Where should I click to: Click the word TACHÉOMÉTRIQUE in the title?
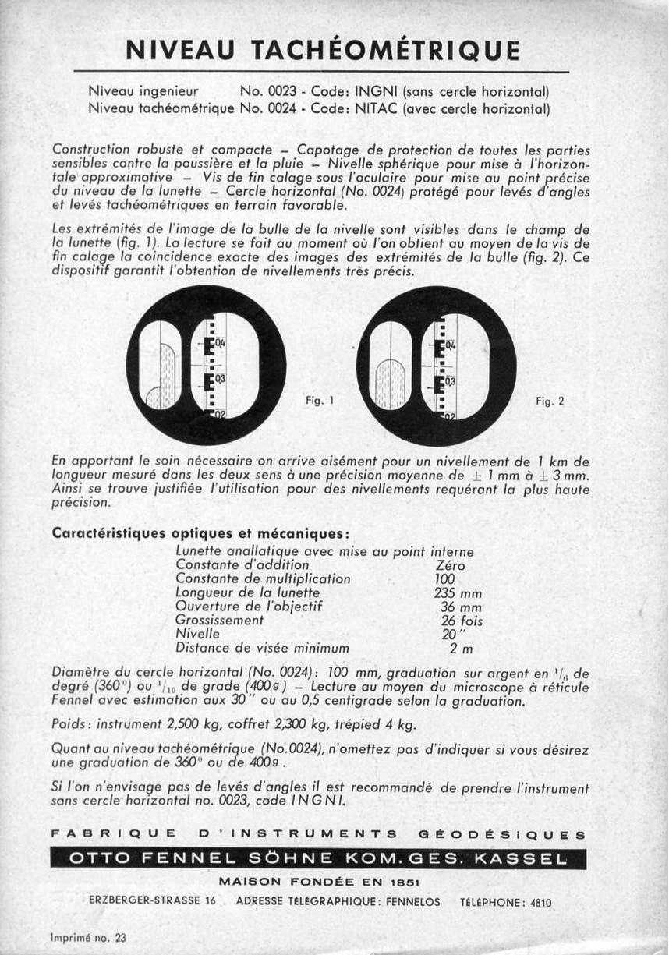point(385,51)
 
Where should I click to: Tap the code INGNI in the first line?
point(377,90)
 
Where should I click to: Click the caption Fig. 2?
point(550,401)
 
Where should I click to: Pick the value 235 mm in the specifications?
point(458,592)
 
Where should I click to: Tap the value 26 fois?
point(462,621)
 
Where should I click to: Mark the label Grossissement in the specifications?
point(220,621)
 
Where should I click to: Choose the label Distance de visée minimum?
point(262,648)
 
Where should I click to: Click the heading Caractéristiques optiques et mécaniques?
point(200,533)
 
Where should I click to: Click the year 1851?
point(405,882)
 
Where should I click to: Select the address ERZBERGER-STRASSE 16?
point(152,902)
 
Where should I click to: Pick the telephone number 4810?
point(541,902)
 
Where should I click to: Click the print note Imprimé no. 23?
point(87,939)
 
